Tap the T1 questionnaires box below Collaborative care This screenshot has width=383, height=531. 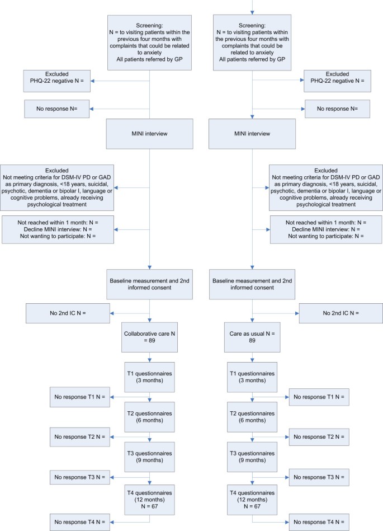(149, 378)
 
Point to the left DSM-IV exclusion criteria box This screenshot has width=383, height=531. (58, 187)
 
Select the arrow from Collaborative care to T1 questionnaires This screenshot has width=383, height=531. (150, 359)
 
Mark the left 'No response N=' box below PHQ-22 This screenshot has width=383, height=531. (57, 109)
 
